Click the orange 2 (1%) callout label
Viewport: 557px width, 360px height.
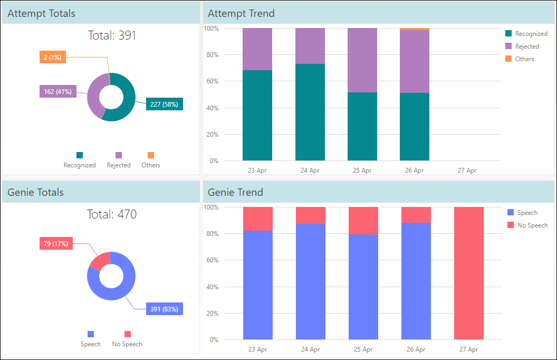click(x=53, y=57)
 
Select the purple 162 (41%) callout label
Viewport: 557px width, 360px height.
click(x=58, y=92)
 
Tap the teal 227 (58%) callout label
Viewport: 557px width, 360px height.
click(x=165, y=104)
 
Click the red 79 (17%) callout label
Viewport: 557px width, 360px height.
click(x=56, y=243)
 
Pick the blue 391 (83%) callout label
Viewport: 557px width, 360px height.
click(x=165, y=309)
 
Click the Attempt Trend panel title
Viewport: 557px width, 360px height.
click(x=241, y=14)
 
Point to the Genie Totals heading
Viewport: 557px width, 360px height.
click(x=35, y=192)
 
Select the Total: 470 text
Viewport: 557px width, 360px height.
click(x=112, y=214)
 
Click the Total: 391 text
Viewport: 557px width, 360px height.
click(x=112, y=35)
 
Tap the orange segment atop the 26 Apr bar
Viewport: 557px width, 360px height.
click(x=415, y=29)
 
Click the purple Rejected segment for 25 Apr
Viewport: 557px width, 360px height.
click(x=362, y=60)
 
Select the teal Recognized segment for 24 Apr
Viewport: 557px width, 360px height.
click(x=310, y=112)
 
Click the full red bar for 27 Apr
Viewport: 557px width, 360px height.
click(x=469, y=273)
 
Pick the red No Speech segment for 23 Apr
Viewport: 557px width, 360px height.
click(x=258, y=219)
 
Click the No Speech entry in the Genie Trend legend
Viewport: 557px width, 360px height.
click(x=527, y=225)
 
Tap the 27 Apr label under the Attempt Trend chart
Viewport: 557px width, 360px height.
click(x=467, y=170)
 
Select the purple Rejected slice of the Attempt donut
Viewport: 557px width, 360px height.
click(x=94, y=95)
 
